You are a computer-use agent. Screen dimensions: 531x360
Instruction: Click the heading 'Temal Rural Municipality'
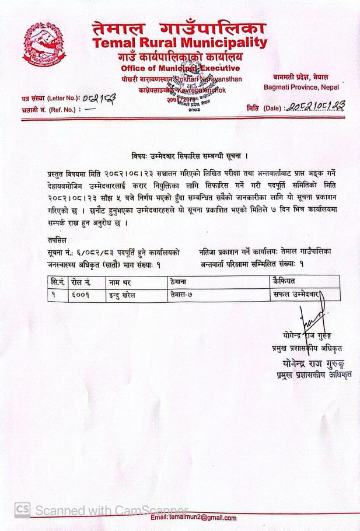pos(179,43)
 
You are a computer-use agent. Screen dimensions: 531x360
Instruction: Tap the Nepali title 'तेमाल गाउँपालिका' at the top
pos(179,27)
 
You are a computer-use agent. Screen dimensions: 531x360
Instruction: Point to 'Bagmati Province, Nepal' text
pos(301,88)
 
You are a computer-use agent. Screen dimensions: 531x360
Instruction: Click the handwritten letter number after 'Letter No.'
pos(99,99)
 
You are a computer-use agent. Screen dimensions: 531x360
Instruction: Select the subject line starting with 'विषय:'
pos(190,156)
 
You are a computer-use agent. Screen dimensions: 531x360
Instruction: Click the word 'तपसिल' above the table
pos(57,240)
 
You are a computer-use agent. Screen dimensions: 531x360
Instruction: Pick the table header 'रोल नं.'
pos(80,282)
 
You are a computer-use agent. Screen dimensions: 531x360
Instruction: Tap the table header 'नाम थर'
pos(120,282)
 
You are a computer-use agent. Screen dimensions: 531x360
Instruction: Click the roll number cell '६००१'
pos(81,295)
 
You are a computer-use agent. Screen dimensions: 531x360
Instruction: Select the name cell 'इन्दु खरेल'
pos(122,295)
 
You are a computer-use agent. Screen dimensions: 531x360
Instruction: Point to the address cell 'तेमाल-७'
pos(181,295)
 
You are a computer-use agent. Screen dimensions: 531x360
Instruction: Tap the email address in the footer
pos(194,518)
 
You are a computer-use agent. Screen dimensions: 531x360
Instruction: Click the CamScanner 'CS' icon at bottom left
pos(22,509)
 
